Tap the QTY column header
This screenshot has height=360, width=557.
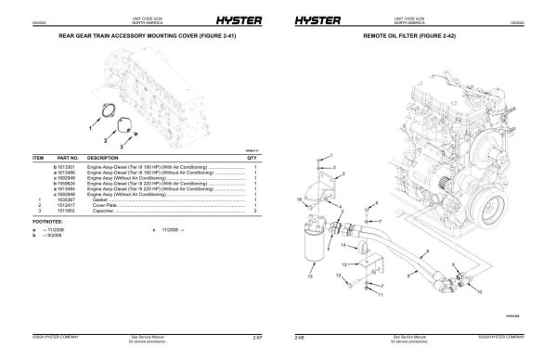click(252, 159)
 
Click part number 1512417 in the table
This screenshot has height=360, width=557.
click(70, 206)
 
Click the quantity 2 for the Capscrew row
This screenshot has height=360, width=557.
click(253, 212)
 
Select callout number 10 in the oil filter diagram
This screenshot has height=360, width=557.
click(300, 200)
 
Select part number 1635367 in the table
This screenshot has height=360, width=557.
click(70, 200)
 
